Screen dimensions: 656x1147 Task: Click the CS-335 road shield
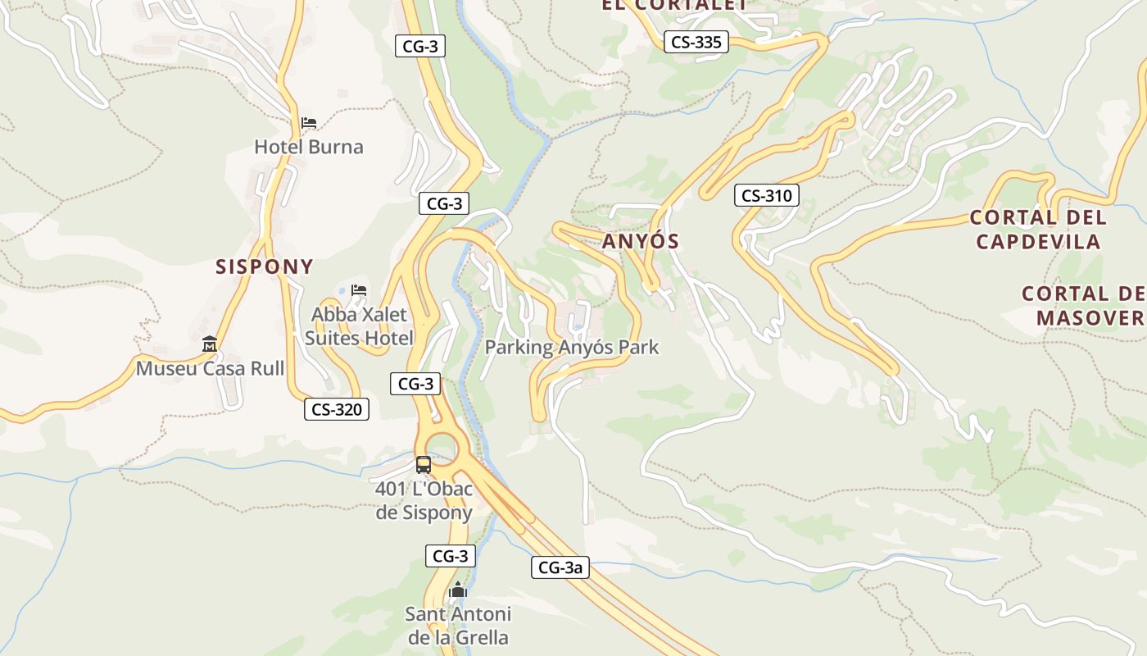(696, 42)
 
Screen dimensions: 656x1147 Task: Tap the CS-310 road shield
(766, 195)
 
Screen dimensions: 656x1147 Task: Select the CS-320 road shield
(336, 409)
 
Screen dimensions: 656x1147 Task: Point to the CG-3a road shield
(560, 567)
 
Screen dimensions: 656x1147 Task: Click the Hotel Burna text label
(308, 147)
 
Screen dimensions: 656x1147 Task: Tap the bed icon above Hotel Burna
(309, 123)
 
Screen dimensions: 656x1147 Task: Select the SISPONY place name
(265, 266)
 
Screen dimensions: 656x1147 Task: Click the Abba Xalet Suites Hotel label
(359, 326)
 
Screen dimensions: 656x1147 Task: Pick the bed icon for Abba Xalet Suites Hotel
(359, 289)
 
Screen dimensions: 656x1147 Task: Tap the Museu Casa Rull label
(210, 368)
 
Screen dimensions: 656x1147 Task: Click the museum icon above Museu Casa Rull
(210, 344)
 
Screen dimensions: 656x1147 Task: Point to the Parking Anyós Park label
(571, 347)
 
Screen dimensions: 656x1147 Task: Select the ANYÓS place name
(641, 241)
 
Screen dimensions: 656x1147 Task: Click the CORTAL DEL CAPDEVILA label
(1038, 230)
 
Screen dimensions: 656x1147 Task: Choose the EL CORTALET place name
(674, 5)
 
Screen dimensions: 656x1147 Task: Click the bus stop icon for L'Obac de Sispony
(423, 465)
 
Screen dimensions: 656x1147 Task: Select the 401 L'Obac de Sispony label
(424, 500)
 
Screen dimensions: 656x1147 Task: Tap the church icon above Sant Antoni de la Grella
(457, 590)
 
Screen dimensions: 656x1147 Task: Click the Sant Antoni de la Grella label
(458, 625)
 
